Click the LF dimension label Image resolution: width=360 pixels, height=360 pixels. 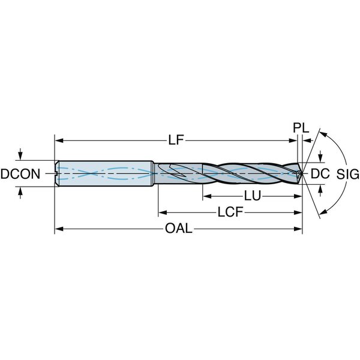pyautogui.click(x=176, y=140)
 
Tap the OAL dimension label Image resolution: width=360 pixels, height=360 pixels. pyautogui.click(x=179, y=229)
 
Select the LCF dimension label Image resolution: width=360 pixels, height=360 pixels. pyautogui.click(x=230, y=212)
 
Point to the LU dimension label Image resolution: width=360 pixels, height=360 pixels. pyautogui.click(x=253, y=196)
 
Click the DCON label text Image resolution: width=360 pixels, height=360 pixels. pyautogui.click(x=20, y=174)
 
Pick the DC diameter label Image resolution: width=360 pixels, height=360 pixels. pyautogui.click(x=320, y=173)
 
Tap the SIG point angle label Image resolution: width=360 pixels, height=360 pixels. pyautogui.click(x=348, y=174)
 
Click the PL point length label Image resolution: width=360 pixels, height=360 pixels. pyautogui.click(x=301, y=128)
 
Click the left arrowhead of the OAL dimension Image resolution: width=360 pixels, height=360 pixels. pyautogui.click(x=59, y=229)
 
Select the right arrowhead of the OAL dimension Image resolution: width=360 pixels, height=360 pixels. pyautogui.click(x=298, y=229)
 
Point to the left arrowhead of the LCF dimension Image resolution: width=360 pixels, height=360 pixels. pyautogui.click(x=163, y=212)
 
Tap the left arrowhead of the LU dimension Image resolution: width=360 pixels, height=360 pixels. pyautogui.click(x=207, y=196)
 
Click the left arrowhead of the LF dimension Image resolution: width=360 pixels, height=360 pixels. pyautogui.click(x=59, y=140)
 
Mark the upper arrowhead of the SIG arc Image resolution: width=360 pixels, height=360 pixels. pyautogui.click(x=323, y=134)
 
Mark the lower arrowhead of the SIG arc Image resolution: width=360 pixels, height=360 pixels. pyautogui.click(x=323, y=212)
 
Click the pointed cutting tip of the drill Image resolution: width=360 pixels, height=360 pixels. pyautogui.click(x=302, y=173)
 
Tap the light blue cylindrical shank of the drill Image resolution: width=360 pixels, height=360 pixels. pyautogui.click(x=106, y=173)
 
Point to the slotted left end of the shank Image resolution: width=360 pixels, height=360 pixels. pyautogui.click(x=57, y=173)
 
